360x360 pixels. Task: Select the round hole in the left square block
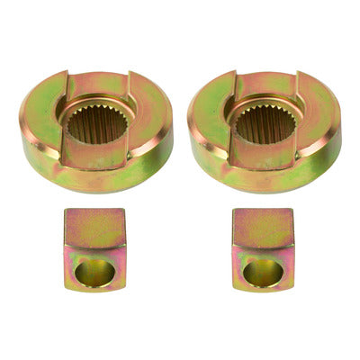click(x=94, y=271)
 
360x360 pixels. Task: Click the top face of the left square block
click(x=94, y=228)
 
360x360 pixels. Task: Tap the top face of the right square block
click(x=262, y=228)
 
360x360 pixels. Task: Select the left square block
click(x=94, y=249)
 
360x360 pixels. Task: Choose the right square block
click(x=262, y=250)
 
